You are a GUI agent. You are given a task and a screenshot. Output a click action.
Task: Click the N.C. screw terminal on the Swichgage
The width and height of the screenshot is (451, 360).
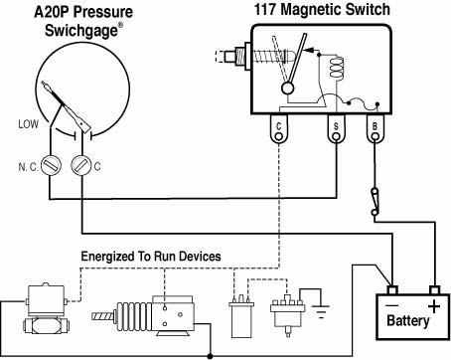[x=51, y=165]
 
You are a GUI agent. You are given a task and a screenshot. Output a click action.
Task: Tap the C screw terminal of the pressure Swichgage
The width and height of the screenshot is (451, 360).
[x=81, y=165]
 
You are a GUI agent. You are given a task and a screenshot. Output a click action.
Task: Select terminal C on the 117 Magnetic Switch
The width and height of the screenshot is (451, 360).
[x=279, y=129]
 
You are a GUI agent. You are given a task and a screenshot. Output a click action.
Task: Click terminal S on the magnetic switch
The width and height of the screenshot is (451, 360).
[x=336, y=129]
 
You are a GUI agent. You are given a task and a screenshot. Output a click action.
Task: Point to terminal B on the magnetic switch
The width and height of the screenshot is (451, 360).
[x=375, y=129]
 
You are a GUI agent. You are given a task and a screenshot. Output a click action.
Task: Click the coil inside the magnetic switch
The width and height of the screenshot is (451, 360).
[x=336, y=69]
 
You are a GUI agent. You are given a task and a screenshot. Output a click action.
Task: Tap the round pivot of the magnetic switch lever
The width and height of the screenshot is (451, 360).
[x=287, y=89]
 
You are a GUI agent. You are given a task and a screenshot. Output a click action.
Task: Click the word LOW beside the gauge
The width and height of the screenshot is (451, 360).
[x=28, y=124]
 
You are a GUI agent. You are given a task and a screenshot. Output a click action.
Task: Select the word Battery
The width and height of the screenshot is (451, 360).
[x=407, y=320]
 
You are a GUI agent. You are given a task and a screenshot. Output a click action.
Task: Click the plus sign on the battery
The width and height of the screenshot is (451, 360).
[x=434, y=306]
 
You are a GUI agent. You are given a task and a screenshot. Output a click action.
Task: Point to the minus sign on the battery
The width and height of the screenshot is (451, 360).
[x=392, y=305]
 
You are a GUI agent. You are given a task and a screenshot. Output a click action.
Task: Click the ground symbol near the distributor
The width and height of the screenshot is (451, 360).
[x=321, y=311]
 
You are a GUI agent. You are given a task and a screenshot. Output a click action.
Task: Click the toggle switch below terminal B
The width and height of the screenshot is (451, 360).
[x=375, y=202]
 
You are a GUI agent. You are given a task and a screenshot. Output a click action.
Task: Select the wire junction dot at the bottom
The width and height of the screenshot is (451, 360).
[x=210, y=356]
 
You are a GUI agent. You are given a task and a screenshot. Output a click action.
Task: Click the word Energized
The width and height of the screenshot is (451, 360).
[x=106, y=257]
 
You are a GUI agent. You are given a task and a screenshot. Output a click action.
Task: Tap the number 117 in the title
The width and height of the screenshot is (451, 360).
[x=265, y=9]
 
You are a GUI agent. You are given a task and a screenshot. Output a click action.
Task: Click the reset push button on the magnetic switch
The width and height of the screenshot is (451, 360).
[x=233, y=56]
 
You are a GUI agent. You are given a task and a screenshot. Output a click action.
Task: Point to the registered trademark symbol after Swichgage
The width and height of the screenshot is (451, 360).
[x=121, y=25]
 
